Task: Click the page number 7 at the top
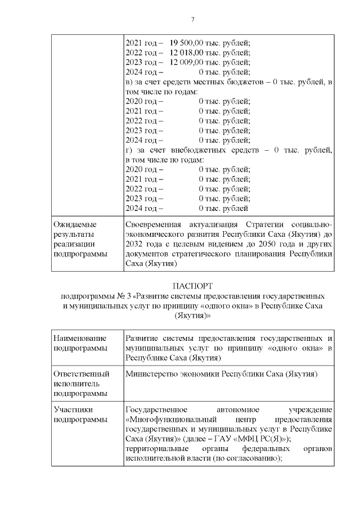pyautogui.click(x=192, y=20)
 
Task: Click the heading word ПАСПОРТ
pyautogui.click(x=192, y=286)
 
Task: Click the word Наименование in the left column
pyautogui.click(x=79, y=339)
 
